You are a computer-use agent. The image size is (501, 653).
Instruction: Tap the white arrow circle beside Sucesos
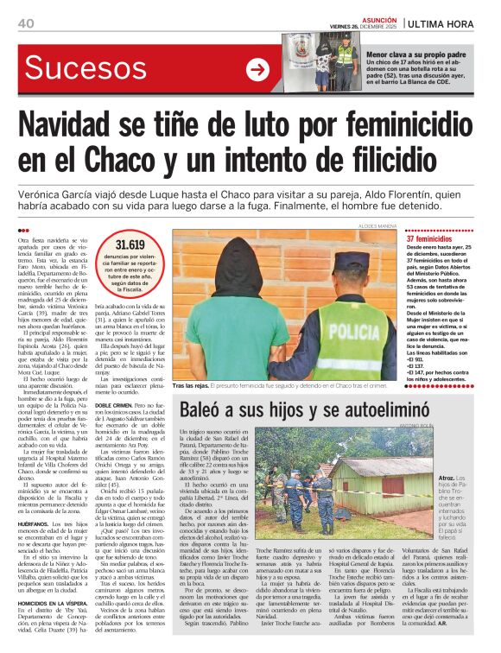(x=257, y=70)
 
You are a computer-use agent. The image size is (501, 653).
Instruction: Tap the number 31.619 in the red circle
(x=130, y=245)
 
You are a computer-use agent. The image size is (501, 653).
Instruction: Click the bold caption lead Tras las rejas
(x=191, y=384)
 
